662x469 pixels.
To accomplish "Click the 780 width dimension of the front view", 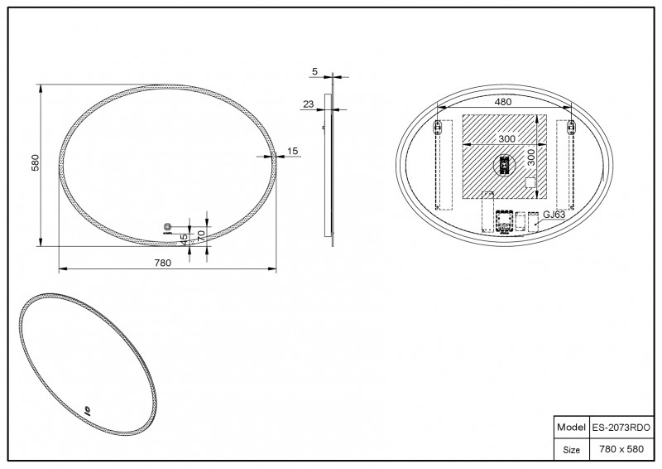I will click(x=162, y=263).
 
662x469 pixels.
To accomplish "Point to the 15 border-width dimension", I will click(x=292, y=151).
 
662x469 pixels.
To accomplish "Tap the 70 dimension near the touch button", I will click(x=201, y=235).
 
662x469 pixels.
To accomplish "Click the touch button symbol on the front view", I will click(x=168, y=227).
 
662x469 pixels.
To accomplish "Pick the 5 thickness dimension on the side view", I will click(x=315, y=72).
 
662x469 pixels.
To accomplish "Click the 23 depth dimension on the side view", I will click(x=309, y=104).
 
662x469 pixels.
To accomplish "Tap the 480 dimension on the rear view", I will click(x=503, y=102).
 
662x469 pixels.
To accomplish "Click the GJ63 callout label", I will click(x=554, y=215).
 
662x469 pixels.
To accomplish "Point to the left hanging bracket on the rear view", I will click(x=439, y=127).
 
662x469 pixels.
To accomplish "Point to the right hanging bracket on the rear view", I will click(x=570, y=127).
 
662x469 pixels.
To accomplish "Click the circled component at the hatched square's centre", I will click(x=503, y=166).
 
